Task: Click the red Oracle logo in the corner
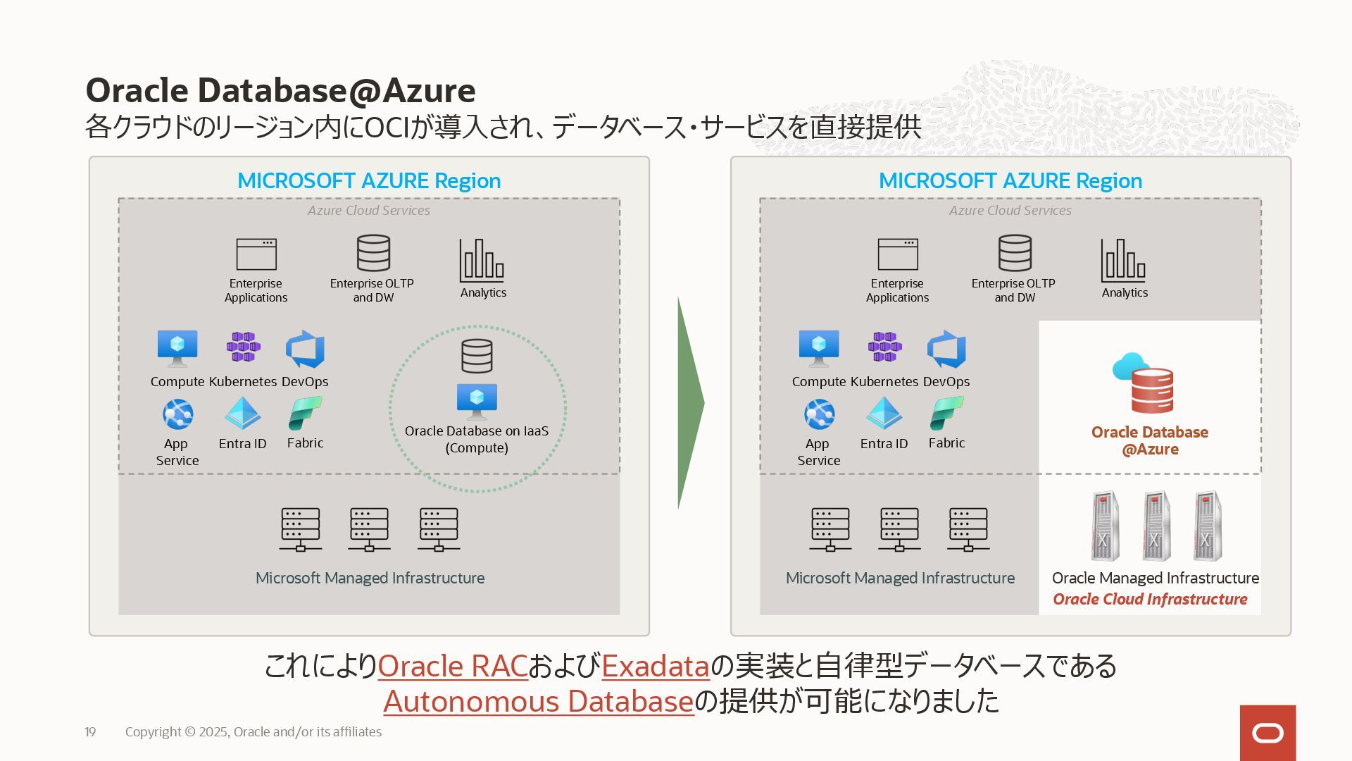coord(1267,733)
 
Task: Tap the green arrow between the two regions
coord(690,403)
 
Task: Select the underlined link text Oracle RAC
coord(453,666)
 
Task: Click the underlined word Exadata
coord(655,666)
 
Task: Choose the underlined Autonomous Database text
coord(539,701)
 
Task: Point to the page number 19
coord(90,732)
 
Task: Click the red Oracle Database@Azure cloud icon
coord(1144,383)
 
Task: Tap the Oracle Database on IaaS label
coord(477,439)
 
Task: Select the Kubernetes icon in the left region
coord(243,347)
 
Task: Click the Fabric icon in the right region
coord(946,414)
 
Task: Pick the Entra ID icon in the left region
coord(242,414)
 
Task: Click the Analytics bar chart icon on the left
coord(482,261)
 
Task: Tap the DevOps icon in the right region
coord(946,349)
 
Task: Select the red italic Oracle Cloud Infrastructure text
coord(1150,599)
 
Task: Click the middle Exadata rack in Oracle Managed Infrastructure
coord(1156,526)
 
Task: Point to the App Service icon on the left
coord(177,414)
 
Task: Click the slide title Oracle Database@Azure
coord(280,90)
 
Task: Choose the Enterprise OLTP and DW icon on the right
coord(1015,253)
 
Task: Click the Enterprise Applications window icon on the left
coord(256,254)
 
